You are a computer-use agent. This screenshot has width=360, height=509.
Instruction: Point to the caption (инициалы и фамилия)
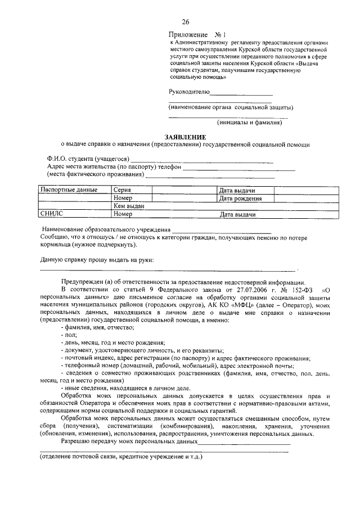point(250,122)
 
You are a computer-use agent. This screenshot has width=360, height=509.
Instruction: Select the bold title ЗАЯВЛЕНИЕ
point(185,137)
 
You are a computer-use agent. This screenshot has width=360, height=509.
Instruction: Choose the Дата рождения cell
point(241,199)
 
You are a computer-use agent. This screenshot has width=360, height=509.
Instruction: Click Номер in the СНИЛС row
point(122,214)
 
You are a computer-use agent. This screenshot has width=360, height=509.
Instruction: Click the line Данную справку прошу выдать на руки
point(97,260)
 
